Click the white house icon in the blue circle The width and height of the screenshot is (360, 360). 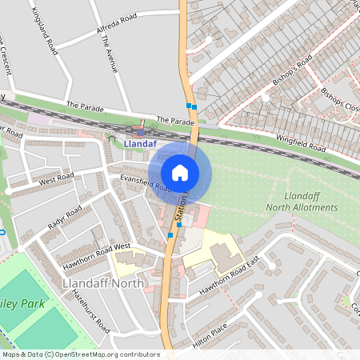tap(179, 172)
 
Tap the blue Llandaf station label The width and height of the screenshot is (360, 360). tap(141, 144)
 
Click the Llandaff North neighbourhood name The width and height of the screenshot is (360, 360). tap(102, 282)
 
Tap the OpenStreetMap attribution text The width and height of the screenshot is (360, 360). tap(80, 354)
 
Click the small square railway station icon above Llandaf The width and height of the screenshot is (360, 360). tap(141, 131)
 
